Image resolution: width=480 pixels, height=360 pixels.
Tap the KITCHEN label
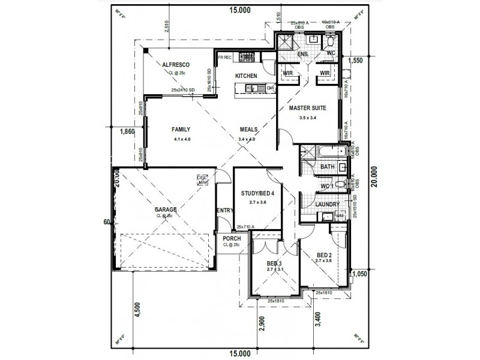(x=246, y=76)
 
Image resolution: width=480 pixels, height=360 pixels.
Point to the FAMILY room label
(x=181, y=129)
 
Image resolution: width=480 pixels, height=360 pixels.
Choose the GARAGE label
(x=164, y=209)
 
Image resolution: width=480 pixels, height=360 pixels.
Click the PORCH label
(x=231, y=239)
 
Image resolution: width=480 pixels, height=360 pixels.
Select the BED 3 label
(x=274, y=263)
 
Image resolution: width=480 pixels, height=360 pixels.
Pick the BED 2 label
(x=324, y=255)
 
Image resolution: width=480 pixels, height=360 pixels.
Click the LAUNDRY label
(x=328, y=205)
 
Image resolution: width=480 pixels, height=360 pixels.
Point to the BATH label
(x=327, y=167)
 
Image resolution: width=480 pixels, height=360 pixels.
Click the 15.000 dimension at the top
(x=239, y=10)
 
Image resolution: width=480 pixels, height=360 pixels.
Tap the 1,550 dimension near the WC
(x=356, y=61)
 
